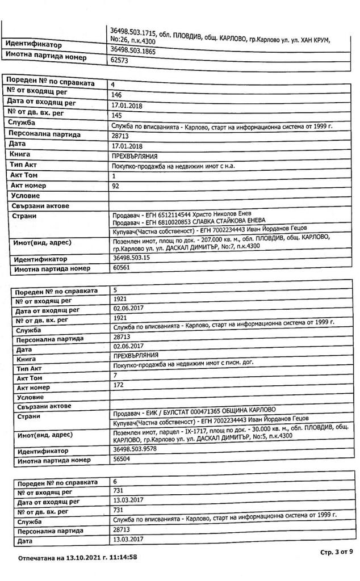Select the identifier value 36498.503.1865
135,50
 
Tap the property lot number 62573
120,60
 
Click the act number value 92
116,185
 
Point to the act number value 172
119,386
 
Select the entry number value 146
118,95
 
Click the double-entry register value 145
118,115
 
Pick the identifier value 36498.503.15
131,258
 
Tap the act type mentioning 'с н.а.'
173,166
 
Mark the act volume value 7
115,376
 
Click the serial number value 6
115,481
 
